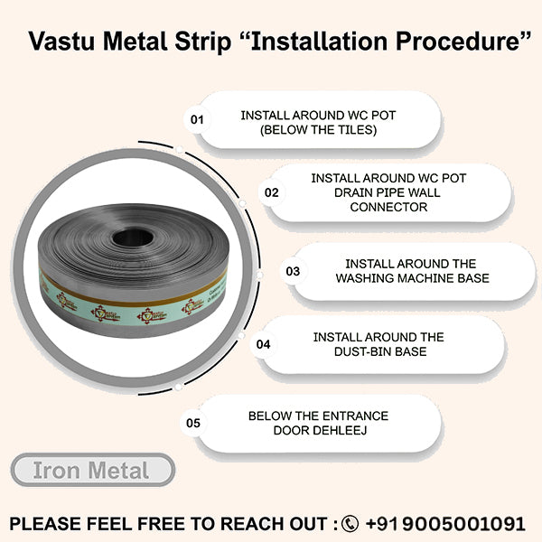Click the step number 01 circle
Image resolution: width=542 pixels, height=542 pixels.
tap(196, 119)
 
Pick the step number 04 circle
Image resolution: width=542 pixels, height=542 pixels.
tap(264, 344)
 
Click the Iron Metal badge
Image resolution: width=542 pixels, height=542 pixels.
tap(92, 471)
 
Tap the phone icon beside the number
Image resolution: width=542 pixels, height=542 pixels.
tap(350, 523)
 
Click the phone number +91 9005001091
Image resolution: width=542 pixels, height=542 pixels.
tap(444, 523)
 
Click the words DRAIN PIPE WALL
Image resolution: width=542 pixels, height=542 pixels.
tap(388, 193)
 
